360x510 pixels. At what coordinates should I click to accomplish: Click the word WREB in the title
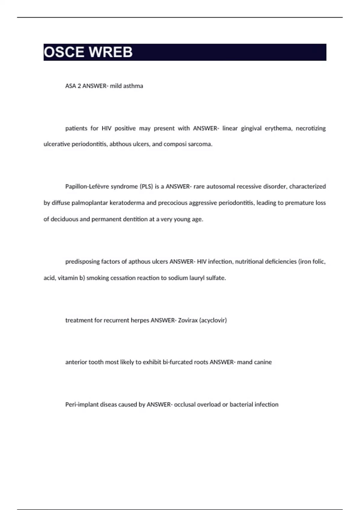111,52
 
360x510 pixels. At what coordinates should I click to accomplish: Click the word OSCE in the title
64,52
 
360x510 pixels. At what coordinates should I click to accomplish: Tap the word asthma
133,86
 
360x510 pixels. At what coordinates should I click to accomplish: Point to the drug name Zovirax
188,320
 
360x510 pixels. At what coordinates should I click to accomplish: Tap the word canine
263,362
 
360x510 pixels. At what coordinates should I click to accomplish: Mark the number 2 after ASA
79,86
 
